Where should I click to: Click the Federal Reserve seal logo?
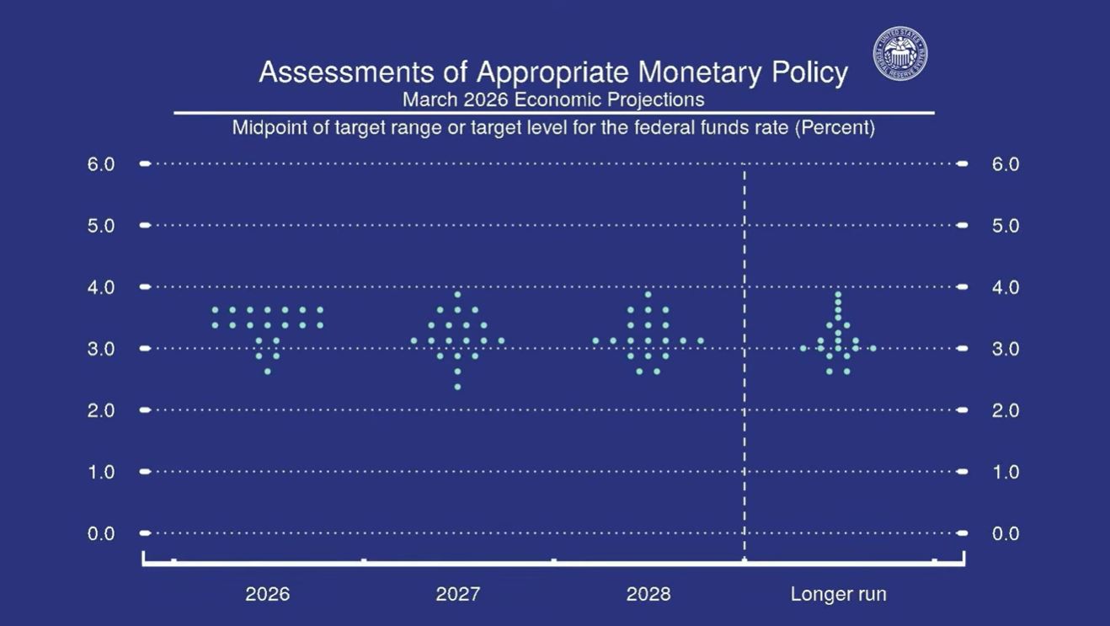[x=900, y=54]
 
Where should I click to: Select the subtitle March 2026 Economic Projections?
[x=552, y=99]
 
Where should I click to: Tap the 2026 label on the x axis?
[x=267, y=594]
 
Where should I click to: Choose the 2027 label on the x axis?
[x=457, y=594]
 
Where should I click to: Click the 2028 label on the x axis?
[x=648, y=594]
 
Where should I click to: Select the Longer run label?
[x=838, y=594]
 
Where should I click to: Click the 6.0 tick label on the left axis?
[x=101, y=163]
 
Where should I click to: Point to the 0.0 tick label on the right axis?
[x=1006, y=533]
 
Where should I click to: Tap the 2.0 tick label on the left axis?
[x=101, y=410]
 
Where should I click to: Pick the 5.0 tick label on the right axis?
[x=1006, y=226]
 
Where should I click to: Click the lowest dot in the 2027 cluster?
[x=457, y=387]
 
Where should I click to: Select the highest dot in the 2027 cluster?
[x=457, y=294]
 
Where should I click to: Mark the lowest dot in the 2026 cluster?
[x=268, y=371]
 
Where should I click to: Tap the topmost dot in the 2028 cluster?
[x=648, y=294]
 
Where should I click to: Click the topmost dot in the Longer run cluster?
[x=838, y=294]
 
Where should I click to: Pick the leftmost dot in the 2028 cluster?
[x=595, y=340]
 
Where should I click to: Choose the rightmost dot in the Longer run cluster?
[x=873, y=348]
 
